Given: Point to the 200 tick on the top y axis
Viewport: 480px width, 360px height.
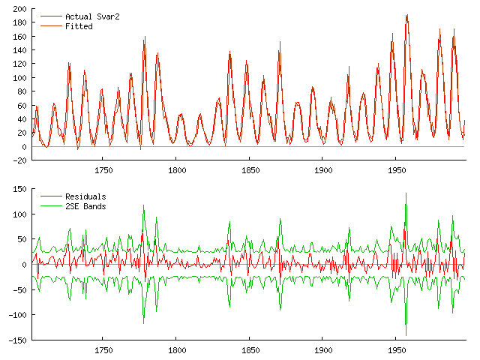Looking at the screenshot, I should tap(19, 9).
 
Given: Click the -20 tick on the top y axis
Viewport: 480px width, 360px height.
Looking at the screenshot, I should tap(19, 160).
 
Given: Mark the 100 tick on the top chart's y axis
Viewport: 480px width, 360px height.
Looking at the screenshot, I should tap(19, 78).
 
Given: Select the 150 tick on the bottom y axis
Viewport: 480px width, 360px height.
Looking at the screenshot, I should tap(19, 189).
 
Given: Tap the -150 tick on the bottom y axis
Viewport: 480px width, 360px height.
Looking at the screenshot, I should tap(18, 340).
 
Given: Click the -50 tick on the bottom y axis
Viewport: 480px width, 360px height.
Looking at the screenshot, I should tap(19, 289).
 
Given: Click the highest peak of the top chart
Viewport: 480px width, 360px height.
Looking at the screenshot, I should tap(406, 15).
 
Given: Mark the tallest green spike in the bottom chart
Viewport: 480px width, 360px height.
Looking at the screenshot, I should tap(406, 193).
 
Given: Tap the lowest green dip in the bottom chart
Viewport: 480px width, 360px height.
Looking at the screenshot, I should tap(406, 334).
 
